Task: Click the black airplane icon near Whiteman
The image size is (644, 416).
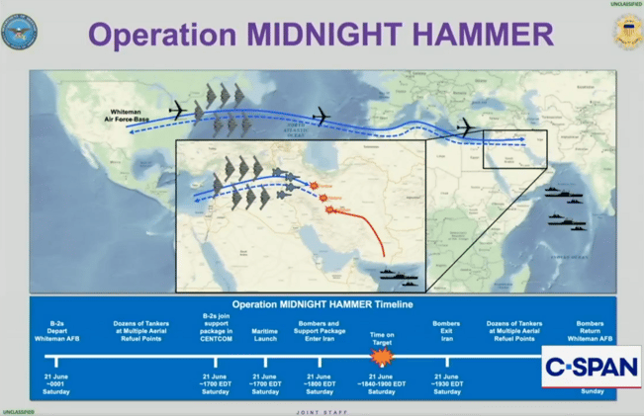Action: pos(179,109)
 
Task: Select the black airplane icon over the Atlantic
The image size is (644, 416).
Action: pos(320,116)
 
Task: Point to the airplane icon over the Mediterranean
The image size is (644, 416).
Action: pos(464,126)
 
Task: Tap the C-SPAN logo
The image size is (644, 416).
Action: pos(591,367)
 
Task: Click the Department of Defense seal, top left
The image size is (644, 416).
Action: pos(19,32)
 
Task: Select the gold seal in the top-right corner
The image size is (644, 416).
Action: pos(627,33)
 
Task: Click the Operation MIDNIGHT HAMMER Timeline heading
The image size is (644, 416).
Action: pos(322,304)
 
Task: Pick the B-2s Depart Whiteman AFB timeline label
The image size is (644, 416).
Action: pos(56,330)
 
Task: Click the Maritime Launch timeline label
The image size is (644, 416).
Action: pos(265,331)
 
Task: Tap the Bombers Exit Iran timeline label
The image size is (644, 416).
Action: pos(446,330)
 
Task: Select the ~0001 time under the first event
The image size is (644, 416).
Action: pos(56,383)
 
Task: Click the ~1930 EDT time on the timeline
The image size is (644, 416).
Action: pos(446,383)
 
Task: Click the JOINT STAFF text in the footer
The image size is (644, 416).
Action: pos(322,411)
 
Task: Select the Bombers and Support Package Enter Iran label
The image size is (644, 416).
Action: pos(319,330)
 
